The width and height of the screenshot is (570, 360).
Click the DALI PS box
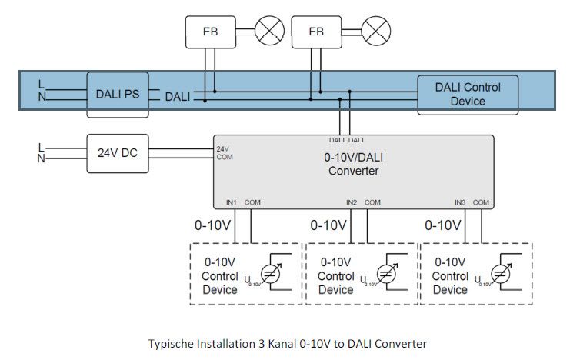pos(116,95)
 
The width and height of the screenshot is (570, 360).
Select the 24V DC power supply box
pos(118,152)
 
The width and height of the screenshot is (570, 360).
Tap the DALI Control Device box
pos(468,94)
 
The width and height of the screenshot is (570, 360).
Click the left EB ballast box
pos(210,32)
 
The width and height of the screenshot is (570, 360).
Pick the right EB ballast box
pos(315,32)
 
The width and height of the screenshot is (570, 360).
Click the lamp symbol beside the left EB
pos(269,32)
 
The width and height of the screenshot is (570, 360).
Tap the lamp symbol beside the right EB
pos(375,32)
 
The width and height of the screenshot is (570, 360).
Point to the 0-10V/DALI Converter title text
pos(353,164)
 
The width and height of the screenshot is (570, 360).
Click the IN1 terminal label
pos(232,202)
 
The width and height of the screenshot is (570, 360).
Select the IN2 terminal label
pos(352,202)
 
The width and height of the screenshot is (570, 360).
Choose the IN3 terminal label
pos(460,202)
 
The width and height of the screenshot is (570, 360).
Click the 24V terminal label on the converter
pos(222,148)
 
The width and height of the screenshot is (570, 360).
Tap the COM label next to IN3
pos(482,202)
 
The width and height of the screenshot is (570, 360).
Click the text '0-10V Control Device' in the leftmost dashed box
pos(220,275)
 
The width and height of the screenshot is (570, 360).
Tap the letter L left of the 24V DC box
pos(41,147)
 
